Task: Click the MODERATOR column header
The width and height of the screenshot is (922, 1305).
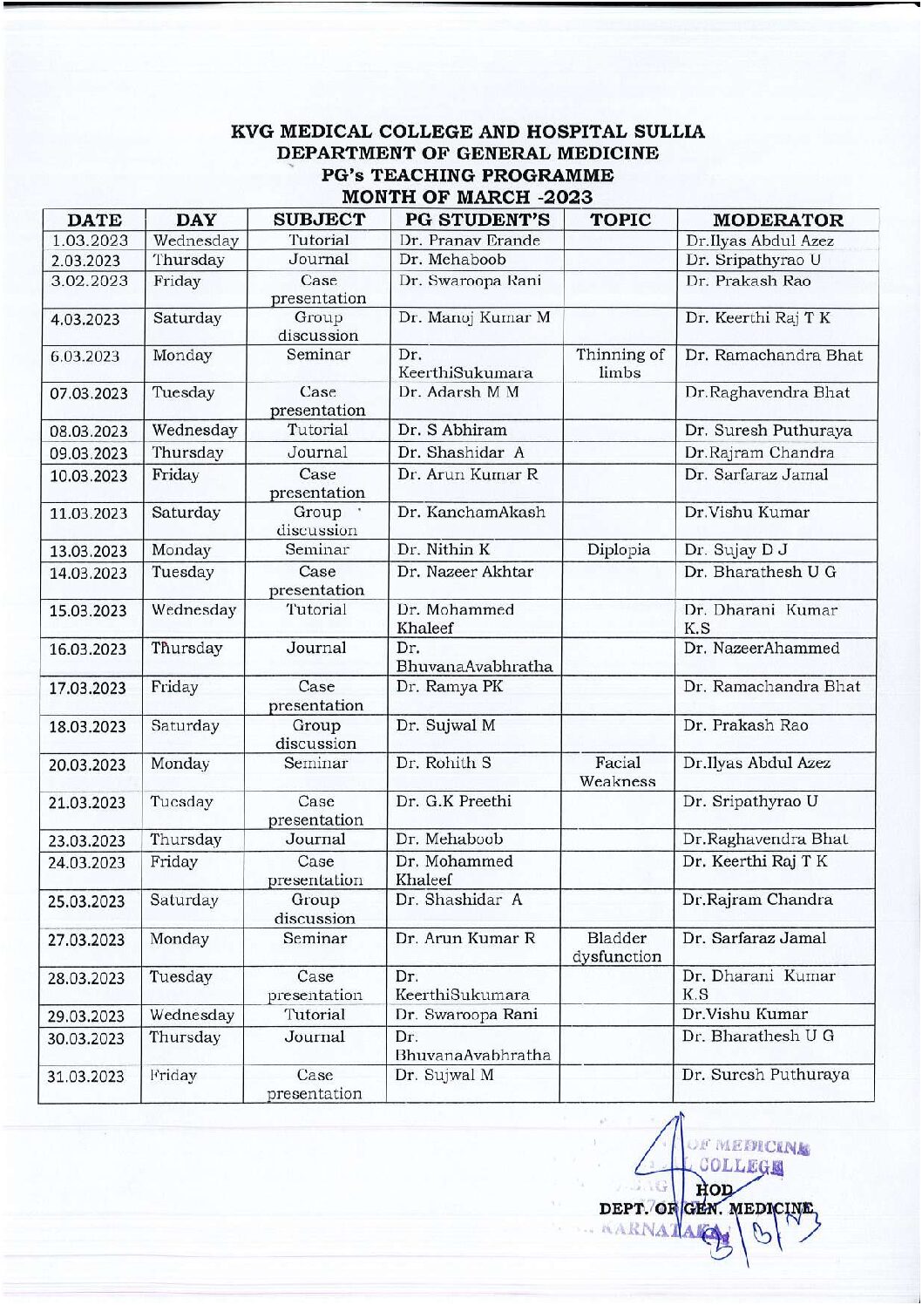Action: (777, 220)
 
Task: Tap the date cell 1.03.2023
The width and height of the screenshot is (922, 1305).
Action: (90, 241)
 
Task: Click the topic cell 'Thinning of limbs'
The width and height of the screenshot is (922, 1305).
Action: (620, 364)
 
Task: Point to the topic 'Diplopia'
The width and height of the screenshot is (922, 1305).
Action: (619, 550)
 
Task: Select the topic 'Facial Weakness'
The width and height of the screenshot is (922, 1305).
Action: (618, 772)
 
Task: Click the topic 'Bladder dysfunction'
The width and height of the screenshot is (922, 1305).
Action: (617, 948)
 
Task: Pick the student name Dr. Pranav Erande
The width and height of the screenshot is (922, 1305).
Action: (470, 241)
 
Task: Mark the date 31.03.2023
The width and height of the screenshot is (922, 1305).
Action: (85, 1077)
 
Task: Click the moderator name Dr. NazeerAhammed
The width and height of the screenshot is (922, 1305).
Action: (762, 649)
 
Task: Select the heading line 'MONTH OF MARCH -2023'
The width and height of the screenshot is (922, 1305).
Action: (467, 198)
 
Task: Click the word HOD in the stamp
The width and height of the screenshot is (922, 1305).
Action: (715, 1189)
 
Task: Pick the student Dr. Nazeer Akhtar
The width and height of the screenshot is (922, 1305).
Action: (465, 572)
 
